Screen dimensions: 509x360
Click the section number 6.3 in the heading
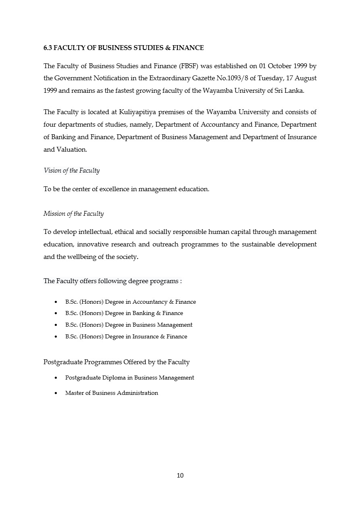coord(48,48)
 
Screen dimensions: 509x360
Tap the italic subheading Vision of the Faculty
coord(71,171)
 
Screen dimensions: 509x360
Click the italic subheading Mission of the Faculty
coord(73,214)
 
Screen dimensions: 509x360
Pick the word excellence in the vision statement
coord(112,189)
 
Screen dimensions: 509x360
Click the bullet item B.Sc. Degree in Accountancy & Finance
coord(130,302)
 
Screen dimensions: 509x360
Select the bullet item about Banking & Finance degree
coord(124,313)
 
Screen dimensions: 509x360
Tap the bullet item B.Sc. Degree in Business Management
coord(129,325)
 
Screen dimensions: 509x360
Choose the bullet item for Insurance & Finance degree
coord(126,337)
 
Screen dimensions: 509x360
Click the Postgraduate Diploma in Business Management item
coord(129,378)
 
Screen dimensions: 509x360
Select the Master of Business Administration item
coord(111,393)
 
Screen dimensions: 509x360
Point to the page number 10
coord(180,476)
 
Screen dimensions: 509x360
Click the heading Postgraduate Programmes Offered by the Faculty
coord(117,362)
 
